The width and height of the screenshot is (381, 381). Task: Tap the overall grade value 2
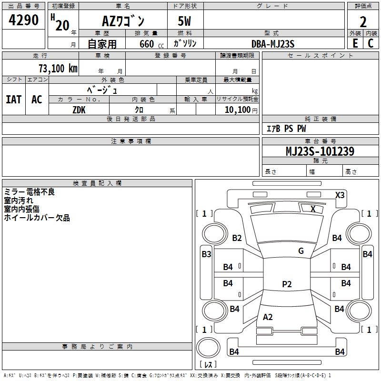pos(363,21)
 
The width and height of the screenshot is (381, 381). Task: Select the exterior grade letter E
pos(355,43)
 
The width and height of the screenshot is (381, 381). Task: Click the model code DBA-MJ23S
pos(273,44)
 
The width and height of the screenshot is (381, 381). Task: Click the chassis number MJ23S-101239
pos(320,151)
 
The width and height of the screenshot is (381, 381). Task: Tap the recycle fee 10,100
pos(236,110)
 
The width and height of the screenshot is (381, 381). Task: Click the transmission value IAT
pos(14,99)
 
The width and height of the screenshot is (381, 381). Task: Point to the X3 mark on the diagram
pos(340,195)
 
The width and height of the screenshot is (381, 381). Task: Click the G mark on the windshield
pos(301,251)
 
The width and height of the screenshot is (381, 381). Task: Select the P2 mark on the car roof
pos(286,284)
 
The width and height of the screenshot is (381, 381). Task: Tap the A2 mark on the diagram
pos(268,317)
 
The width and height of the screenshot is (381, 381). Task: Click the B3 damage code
pos(206,254)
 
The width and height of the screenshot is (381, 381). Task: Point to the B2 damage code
pos(237,238)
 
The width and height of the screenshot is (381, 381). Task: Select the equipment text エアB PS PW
pos(286,129)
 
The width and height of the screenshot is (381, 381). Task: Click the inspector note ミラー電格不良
pos(30,192)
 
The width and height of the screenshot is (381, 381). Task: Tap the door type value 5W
pos(185,21)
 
